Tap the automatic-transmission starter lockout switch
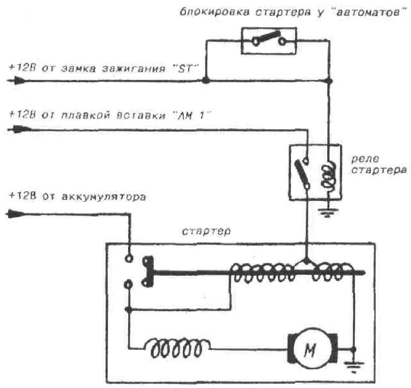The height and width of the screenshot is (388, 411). tap(269, 40)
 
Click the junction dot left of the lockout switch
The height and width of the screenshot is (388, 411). tap(205, 81)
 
